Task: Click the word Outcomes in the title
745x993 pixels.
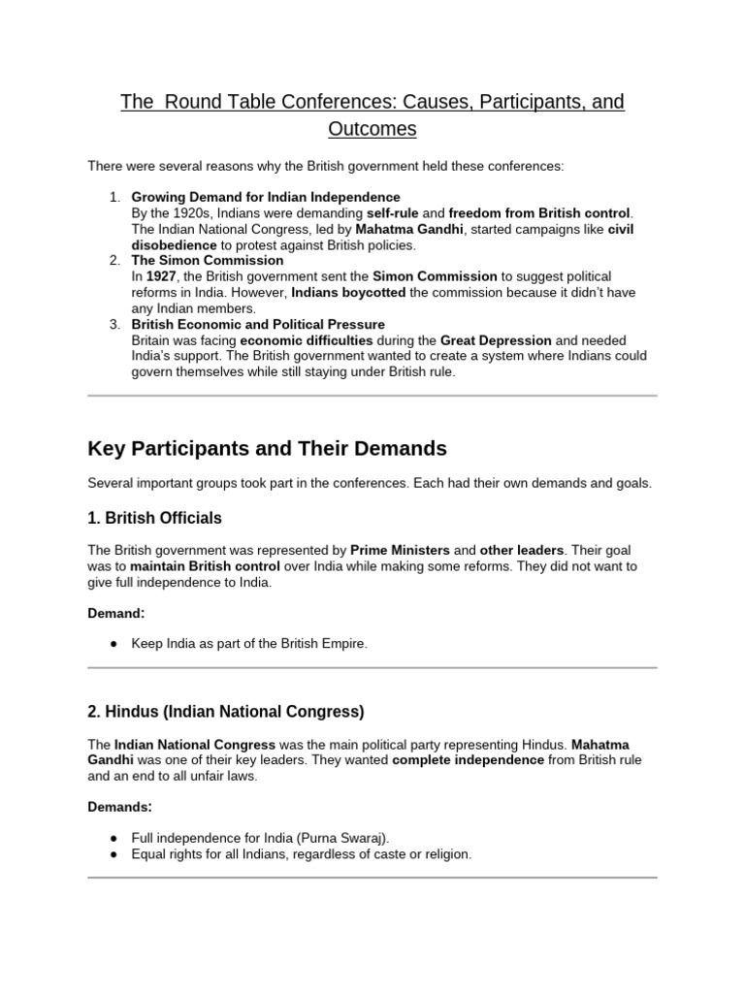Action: pyautogui.click(x=372, y=129)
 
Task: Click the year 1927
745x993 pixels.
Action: pyautogui.click(x=161, y=276)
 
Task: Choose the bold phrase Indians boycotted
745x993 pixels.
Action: pyautogui.click(x=349, y=292)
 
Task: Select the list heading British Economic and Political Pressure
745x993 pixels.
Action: pyautogui.click(x=258, y=324)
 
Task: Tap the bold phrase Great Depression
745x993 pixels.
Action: pyautogui.click(x=495, y=340)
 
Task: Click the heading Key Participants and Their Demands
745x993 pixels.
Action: pyautogui.click(x=267, y=448)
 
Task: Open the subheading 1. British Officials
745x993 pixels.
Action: pyautogui.click(x=154, y=518)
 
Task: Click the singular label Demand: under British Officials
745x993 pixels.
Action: pyautogui.click(x=115, y=613)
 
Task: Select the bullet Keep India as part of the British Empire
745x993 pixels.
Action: pyautogui.click(x=250, y=644)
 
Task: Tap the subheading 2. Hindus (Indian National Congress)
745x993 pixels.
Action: pyautogui.click(x=225, y=712)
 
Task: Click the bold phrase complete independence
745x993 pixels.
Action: pyautogui.click(x=468, y=759)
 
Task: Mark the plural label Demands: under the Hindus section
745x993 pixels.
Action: pyautogui.click(x=119, y=806)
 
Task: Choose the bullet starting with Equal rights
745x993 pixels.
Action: pyautogui.click(x=302, y=854)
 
